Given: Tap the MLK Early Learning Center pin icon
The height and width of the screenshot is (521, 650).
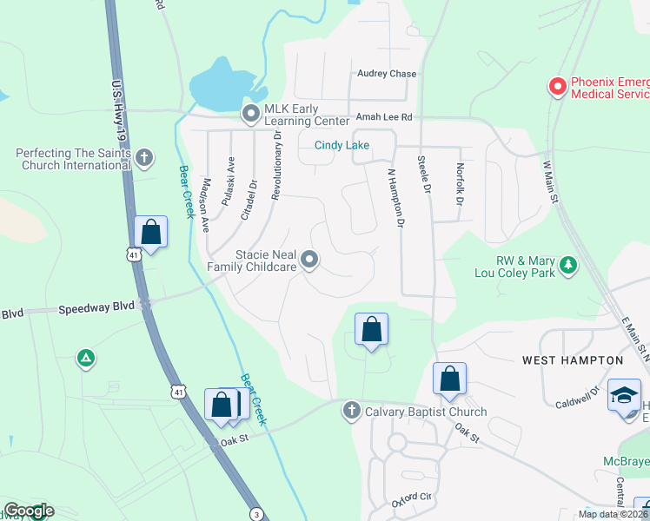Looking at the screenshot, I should click(x=251, y=113).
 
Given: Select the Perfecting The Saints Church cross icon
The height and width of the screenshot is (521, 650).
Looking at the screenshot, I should click(x=144, y=158).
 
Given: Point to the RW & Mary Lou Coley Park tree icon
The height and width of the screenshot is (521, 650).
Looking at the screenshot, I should click(x=568, y=264).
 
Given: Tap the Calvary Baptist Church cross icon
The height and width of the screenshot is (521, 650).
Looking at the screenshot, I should click(x=351, y=410).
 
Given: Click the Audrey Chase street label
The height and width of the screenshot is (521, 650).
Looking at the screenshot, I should click(x=388, y=74).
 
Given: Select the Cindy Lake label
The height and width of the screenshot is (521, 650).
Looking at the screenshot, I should click(x=342, y=146).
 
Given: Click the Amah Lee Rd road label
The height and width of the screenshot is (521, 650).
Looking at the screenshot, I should click(x=382, y=117).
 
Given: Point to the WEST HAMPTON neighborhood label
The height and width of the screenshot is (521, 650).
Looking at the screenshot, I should click(x=573, y=359).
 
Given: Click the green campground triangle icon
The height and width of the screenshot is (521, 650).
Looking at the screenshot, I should click(x=85, y=358).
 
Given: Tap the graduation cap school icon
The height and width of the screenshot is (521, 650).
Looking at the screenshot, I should click(x=624, y=395).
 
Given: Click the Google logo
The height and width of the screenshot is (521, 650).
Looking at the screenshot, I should click(x=28, y=511).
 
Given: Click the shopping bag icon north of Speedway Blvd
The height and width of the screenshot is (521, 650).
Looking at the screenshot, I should click(x=151, y=233).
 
